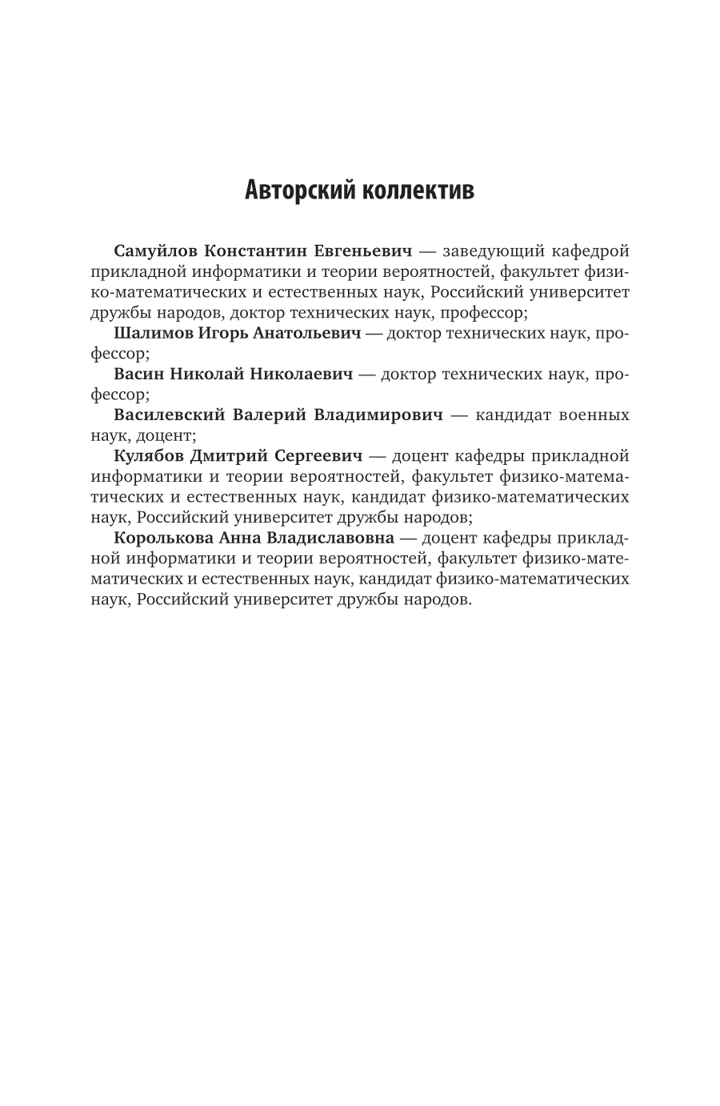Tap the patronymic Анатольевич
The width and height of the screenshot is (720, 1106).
coord(307,333)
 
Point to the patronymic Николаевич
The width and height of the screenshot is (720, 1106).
coord(302,374)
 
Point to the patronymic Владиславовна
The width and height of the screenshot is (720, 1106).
coord(330,538)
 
